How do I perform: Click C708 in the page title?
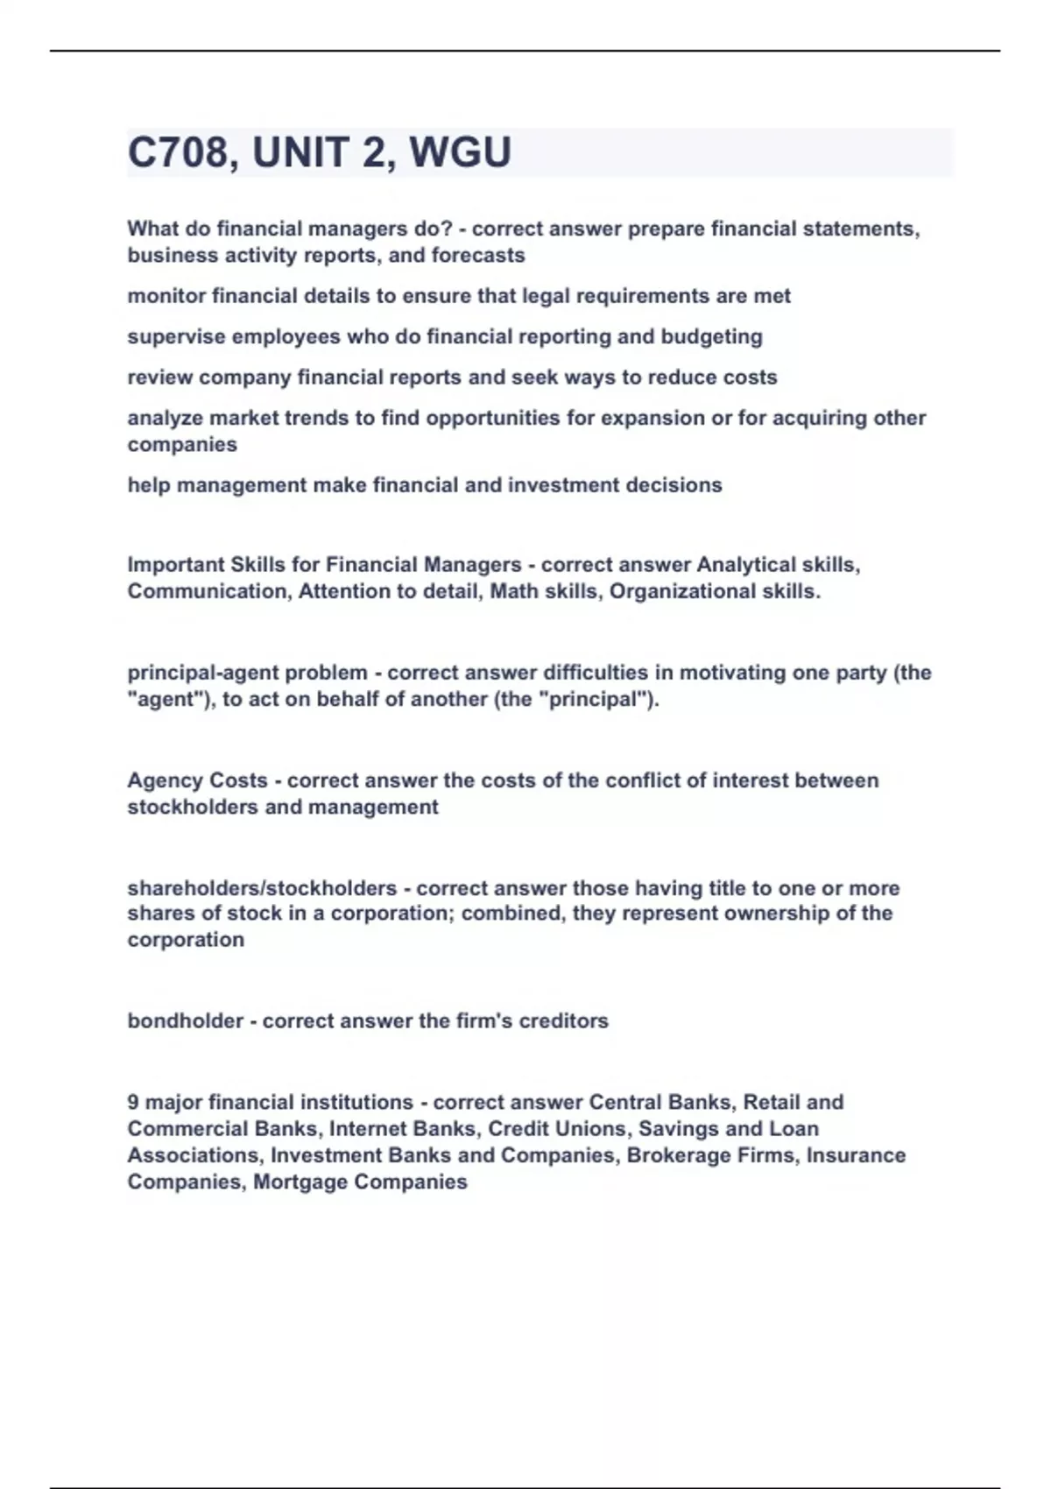(178, 152)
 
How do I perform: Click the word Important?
(175, 565)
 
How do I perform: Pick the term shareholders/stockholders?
(262, 888)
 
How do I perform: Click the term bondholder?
(185, 1021)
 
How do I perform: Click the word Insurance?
(856, 1156)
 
